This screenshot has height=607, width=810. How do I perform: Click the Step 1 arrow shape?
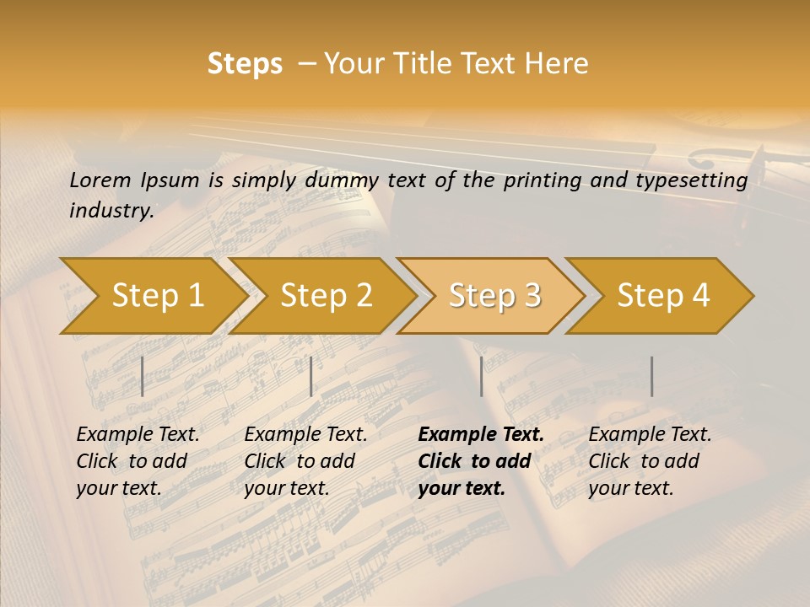coord(152,296)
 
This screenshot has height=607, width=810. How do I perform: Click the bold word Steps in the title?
coord(245,64)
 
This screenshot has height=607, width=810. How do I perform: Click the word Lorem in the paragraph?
coord(100,180)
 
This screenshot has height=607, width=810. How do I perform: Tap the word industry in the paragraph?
coord(111,210)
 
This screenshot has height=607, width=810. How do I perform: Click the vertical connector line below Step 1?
coord(142,376)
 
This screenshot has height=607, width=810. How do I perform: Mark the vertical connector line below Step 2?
coord(311,376)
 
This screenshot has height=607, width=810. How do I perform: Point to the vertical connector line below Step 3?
coord(481,376)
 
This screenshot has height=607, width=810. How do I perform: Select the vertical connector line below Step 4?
coord(651,376)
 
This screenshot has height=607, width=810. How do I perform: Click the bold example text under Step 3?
coord(480,461)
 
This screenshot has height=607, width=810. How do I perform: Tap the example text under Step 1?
coord(138,461)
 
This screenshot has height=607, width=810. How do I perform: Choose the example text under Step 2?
coord(305,461)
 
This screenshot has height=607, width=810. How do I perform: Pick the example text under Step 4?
coord(650,461)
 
